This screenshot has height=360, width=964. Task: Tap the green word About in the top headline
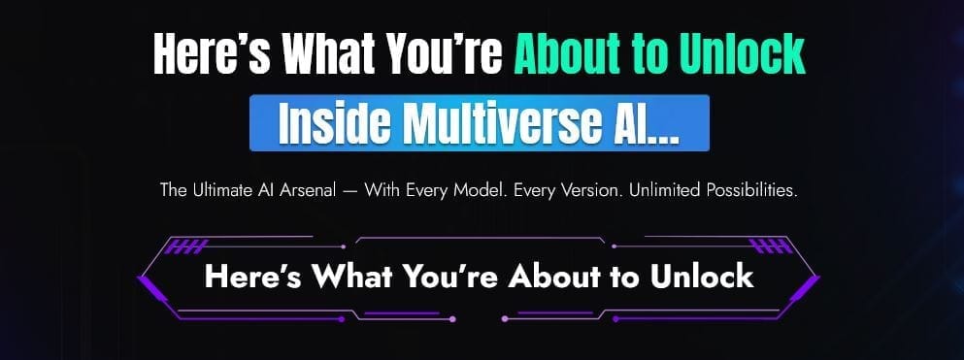(566, 54)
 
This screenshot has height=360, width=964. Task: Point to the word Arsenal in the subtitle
(310, 190)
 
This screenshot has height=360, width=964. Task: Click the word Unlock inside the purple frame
(702, 276)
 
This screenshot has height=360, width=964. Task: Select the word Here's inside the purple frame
(253, 276)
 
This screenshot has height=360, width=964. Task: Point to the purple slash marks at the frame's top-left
(187, 246)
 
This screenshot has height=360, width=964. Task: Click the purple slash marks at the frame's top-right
(770, 246)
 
